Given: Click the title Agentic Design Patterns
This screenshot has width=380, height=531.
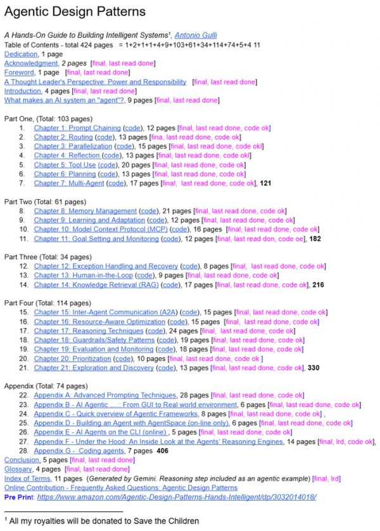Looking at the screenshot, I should [75, 11].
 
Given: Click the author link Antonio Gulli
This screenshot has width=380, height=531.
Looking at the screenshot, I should [201, 35].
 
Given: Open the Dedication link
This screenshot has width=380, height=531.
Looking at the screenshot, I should [21, 54].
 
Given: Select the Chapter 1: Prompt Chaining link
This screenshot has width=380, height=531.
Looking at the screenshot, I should [77, 128].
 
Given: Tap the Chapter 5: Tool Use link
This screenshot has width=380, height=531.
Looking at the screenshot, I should [65, 165].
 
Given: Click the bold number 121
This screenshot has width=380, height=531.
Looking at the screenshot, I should [265, 183].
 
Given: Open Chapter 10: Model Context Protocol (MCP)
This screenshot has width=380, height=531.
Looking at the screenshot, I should [101, 229].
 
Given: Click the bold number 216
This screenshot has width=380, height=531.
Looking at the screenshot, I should [319, 285].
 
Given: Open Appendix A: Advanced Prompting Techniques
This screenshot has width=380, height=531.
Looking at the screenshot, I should [104, 395].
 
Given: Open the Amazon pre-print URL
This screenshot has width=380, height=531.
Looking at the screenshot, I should [177, 497].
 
